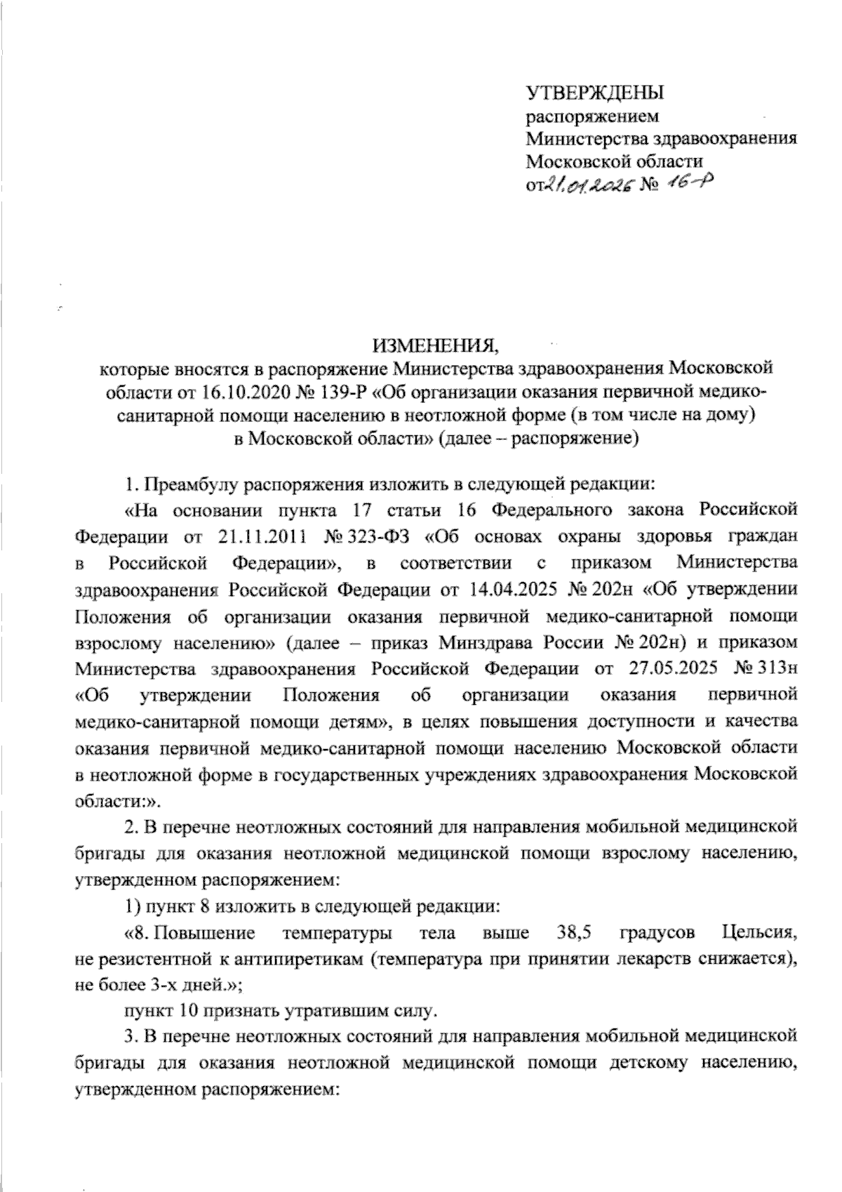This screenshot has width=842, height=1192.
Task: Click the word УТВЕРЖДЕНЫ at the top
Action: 596,93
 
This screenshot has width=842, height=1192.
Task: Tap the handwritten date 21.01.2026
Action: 587,184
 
